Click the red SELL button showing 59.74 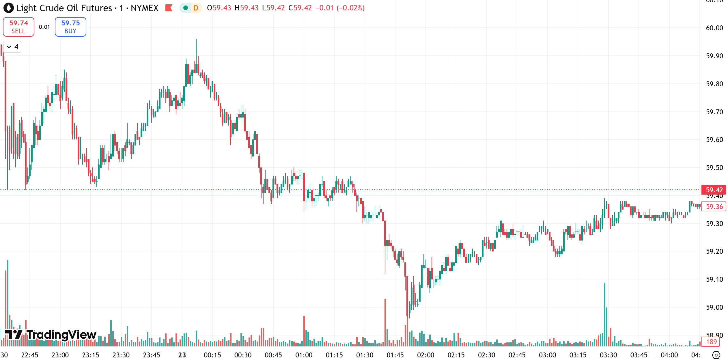click(x=18, y=27)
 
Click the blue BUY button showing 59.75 click(x=70, y=27)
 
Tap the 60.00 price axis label click(x=714, y=28)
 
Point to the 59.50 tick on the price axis click(x=714, y=168)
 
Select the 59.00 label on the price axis click(x=714, y=307)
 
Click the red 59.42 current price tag click(x=714, y=190)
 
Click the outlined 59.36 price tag click(x=714, y=207)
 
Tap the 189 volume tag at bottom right click(x=711, y=342)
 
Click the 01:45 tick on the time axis click(x=395, y=355)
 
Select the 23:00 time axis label click(x=60, y=355)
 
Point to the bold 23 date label click(x=182, y=355)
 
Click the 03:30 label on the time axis click(x=608, y=355)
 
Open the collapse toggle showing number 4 click(x=12, y=47)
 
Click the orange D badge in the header click(x=196, y=8)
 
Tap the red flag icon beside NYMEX click(x=169, y=8)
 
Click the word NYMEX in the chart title click(x=145, y=8)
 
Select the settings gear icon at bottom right click(x=716, y=355)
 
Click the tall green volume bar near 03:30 click(x=604, y=315)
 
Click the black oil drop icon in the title click(x=9, y=8)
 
